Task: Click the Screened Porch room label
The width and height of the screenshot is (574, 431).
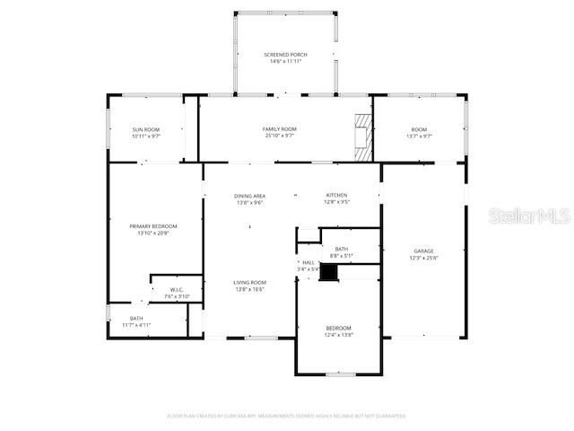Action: click(x=284, y=56)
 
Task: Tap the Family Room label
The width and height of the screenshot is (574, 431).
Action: click(x=279, y=129)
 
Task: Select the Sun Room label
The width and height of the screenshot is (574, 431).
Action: click(x=145, y=129)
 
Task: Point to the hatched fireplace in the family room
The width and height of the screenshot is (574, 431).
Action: click(x=361, y=136)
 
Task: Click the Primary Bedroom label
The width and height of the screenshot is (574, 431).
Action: click(x=152, y=226)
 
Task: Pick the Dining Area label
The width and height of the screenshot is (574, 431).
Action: click(x=249, y=196)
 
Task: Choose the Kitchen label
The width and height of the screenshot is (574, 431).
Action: click(x=336, y=195)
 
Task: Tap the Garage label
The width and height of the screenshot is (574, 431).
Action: click(x=423, y=251)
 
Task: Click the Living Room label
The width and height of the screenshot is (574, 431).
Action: click(x=249, y=282)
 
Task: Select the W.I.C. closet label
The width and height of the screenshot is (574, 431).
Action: click(x=177, y=289)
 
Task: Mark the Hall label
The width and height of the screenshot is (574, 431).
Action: click(x=308, y=262)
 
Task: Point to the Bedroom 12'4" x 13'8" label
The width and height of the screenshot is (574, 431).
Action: click(x=338, y=328)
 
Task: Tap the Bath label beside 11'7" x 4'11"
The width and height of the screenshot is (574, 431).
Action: click(x=136, y=318)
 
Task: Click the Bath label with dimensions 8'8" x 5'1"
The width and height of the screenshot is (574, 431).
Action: click(x=341, y=249)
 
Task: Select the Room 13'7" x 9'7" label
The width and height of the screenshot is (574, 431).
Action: click(x=419, y=129)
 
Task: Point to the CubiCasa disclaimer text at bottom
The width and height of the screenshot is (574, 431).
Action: click(x=286, y=416)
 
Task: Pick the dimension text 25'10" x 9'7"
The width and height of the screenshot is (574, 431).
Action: click(x=279, y=136)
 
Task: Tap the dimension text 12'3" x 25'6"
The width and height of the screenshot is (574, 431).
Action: click(x=423, y=258)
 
